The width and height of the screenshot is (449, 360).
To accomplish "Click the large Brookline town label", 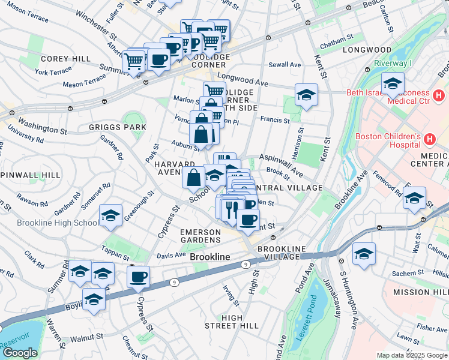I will point(210,257).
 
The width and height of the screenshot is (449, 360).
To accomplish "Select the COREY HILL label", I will point(65,59).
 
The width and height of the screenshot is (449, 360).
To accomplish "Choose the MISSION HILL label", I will point(420,292).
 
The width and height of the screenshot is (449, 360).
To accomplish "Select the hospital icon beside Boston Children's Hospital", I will point(429,140).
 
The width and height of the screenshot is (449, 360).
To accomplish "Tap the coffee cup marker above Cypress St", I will point(138,277).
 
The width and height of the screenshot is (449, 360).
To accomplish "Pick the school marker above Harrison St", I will point(306,94).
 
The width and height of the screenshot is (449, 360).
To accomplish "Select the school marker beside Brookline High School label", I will point(111,215).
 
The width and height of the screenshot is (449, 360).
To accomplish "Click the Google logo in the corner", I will point(20,353).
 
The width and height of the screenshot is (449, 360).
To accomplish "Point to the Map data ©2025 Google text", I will point(412,355).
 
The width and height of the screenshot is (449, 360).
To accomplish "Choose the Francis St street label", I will point(275,121).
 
